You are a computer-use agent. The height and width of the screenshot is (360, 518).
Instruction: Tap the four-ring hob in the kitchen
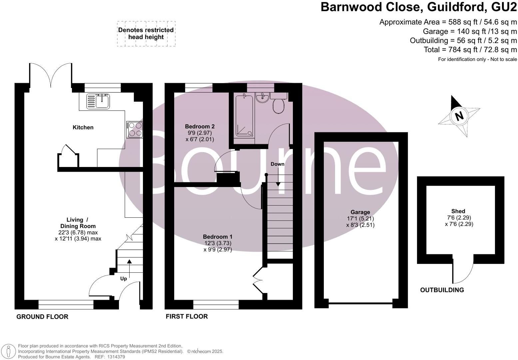pyautogui.click(x=135, y=129)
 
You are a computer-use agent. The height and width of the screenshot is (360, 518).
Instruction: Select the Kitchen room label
pyautogui.click(x=83, y=127)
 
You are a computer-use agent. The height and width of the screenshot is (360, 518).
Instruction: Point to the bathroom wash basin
pyautogui.click(x=263, y=98)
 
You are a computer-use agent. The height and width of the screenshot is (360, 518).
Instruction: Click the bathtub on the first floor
pyautogui.click(x=245, y=115)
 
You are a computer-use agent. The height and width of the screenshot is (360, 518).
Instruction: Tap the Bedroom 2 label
pyautogui.click(x=200, y=126)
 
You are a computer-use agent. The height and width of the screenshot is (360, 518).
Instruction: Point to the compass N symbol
pyautogui.click(x=459, y=116)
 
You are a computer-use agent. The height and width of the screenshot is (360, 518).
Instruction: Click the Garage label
pyautogui.click(x=360, y=212)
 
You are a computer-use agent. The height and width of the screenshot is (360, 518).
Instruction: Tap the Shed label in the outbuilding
pyautogui.click(x=458, y=211)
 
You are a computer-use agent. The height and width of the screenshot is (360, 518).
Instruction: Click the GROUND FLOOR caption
pyautogui.click(x=42, y=317)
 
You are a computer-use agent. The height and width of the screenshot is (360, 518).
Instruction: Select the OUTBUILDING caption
pyautogui.click(x=442, y=290)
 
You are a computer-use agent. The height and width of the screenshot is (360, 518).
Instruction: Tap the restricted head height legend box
pyautogui.click(x=146, y=34)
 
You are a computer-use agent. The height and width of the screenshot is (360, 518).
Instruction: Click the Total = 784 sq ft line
pyautogui.click(x=470, y=50)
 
